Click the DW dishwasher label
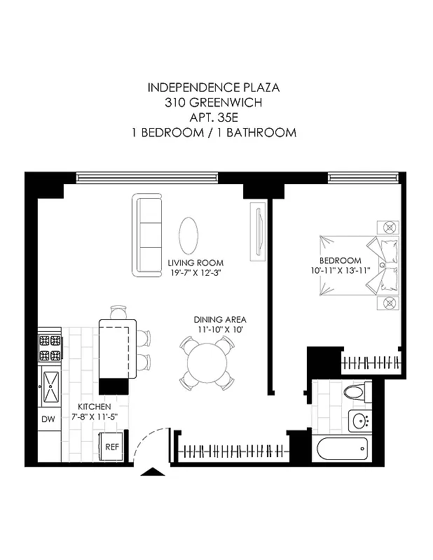coord(48,419)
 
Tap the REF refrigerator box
coord(112,447)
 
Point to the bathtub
coord(343,449)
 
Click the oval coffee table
coord(188,237)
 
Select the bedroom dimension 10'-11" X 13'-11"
coord(341,270)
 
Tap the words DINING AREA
coord(220,319)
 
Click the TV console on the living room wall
coord(259,232)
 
